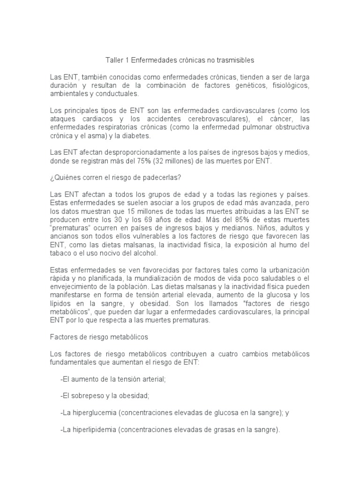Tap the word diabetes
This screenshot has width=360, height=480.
tap(136, 135)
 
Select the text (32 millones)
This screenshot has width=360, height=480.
tap(174, 161)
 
